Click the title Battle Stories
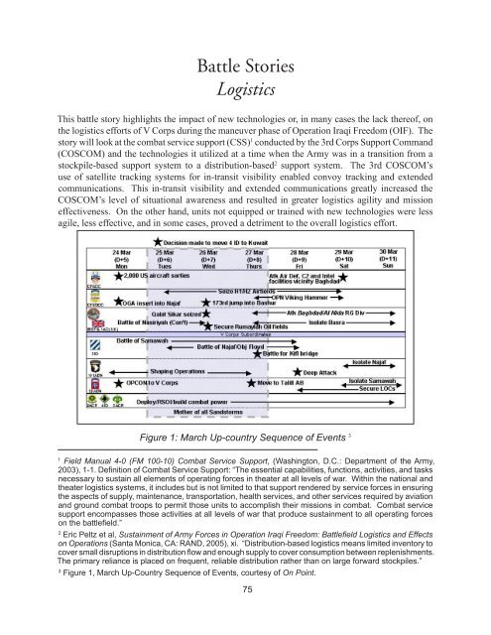coord(245,67)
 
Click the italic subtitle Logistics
coord(245,91)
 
